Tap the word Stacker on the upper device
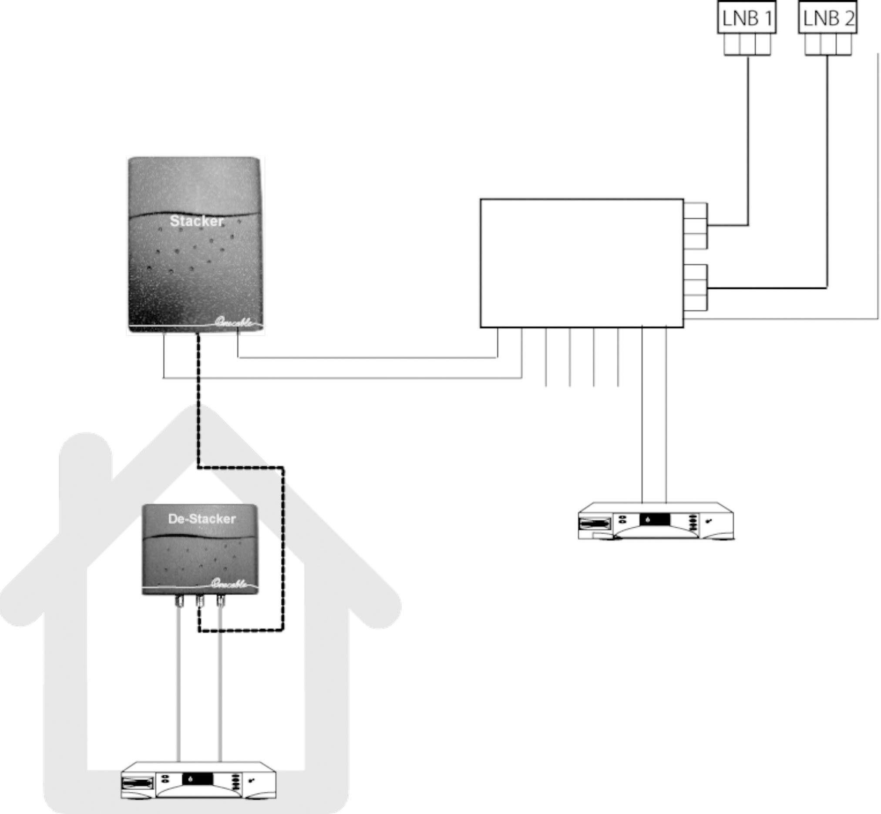[x=197, y=221]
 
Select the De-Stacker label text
[x=202, y=519]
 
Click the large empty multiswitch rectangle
[x=582, y=263]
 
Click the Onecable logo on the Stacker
[x=235, y=322]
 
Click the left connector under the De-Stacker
[x=179, y=600]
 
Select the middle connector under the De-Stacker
[x=200, y=600]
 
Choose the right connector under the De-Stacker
[x=220, y=600]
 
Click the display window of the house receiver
[x=198, y=779]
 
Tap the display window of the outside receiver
[x=655, y=520]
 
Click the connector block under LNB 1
[x=747, y=44]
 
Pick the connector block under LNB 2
[x=828, y=44]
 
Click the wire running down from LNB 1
[x=748, y=141]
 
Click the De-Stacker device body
[x=201, y=555]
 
